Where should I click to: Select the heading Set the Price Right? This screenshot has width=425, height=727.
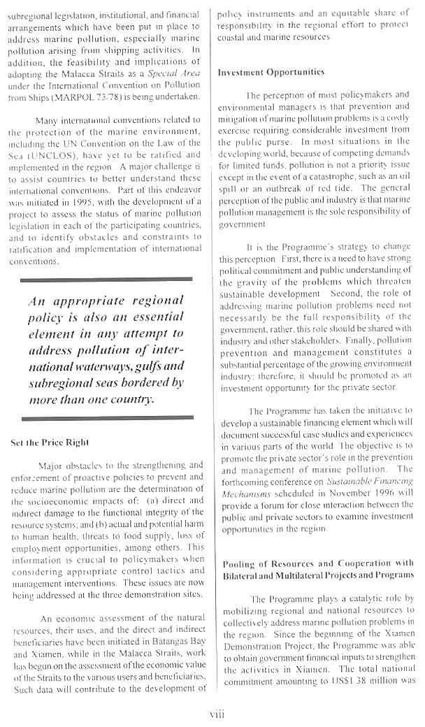pyautogui.click(x=50, y=442)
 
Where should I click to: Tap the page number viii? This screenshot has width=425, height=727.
pyautogui.click(x=217, y=713)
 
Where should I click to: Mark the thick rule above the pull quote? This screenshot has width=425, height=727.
pyautogui.click(x=106, y=278)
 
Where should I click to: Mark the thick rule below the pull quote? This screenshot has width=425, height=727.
pyautogui.click(x=106, y=418)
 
